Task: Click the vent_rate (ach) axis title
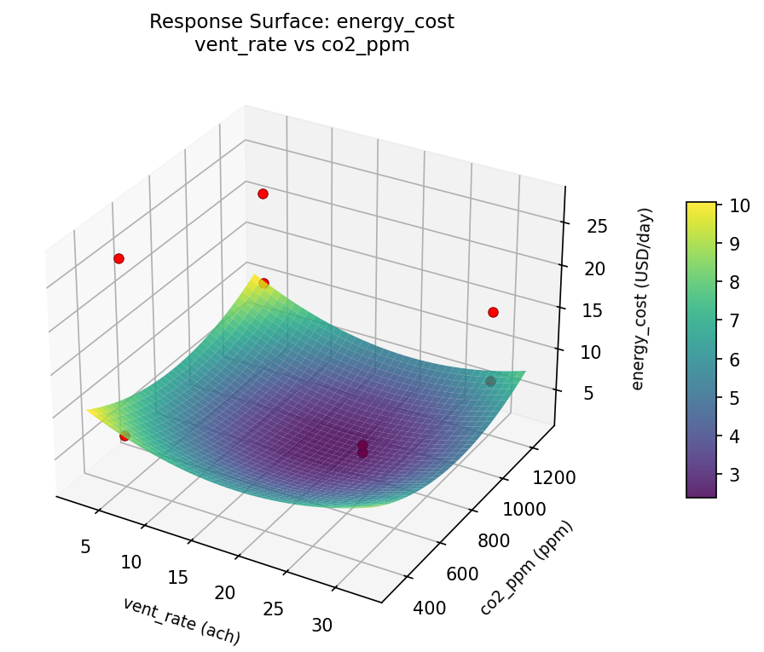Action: [x=182, y=620]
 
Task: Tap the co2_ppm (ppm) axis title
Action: [x=526, y=567]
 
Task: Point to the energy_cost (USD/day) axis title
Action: [x=645, y=298]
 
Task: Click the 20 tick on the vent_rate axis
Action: [x=224, y=592]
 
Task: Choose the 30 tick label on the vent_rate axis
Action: [x=321, y=625]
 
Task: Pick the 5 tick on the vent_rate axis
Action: [x=84, y=546]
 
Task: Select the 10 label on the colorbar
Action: [x=739, y=205]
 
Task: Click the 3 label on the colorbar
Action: [x=735, y=474]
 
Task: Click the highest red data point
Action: [x=263, y=193]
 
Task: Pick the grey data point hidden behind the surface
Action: [x=490, y=381]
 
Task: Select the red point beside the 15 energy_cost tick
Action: [x=493, y=312]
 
